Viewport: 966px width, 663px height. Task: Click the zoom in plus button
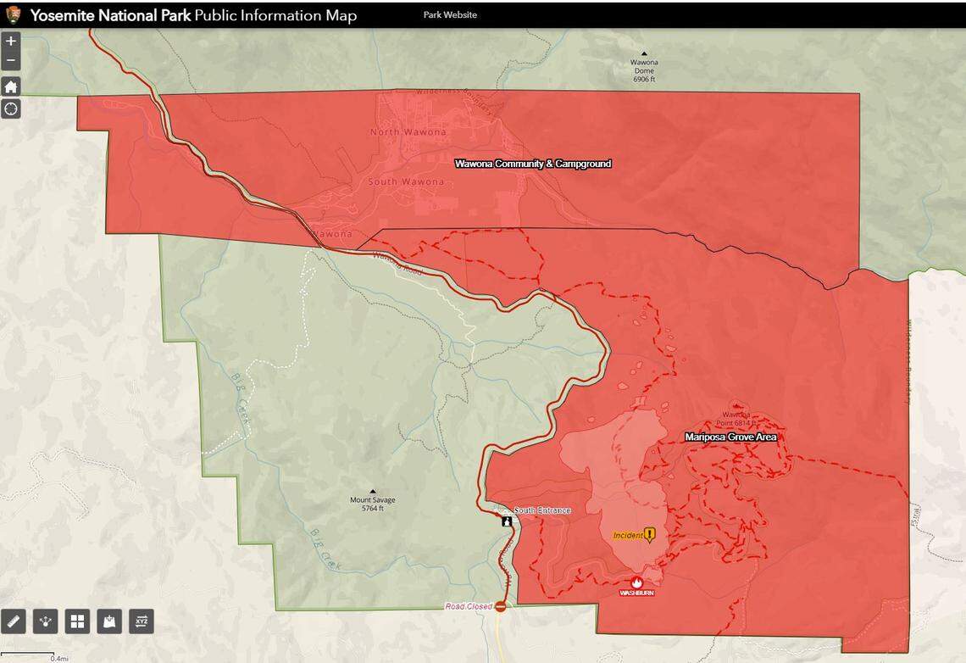11,41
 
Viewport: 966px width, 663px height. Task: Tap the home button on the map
11,86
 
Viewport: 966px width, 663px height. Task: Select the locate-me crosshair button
11,109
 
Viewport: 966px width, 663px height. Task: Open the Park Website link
450,14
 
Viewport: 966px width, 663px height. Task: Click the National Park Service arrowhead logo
13,14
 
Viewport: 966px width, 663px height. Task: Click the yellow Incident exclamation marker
649,534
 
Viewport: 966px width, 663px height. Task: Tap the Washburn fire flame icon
636,582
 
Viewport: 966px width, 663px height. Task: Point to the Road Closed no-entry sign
500,606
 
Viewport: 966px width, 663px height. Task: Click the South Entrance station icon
507,521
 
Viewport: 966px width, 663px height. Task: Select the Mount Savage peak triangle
372,491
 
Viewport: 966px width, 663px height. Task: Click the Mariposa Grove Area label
730,437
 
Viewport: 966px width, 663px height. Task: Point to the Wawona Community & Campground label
532,164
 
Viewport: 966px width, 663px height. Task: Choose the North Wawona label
408,132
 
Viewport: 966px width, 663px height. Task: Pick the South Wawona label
406,182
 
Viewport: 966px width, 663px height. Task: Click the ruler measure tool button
14,621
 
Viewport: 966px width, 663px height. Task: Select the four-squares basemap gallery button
77,621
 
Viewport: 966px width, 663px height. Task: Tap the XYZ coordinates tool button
141,621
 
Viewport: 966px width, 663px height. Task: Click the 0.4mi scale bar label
59,658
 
